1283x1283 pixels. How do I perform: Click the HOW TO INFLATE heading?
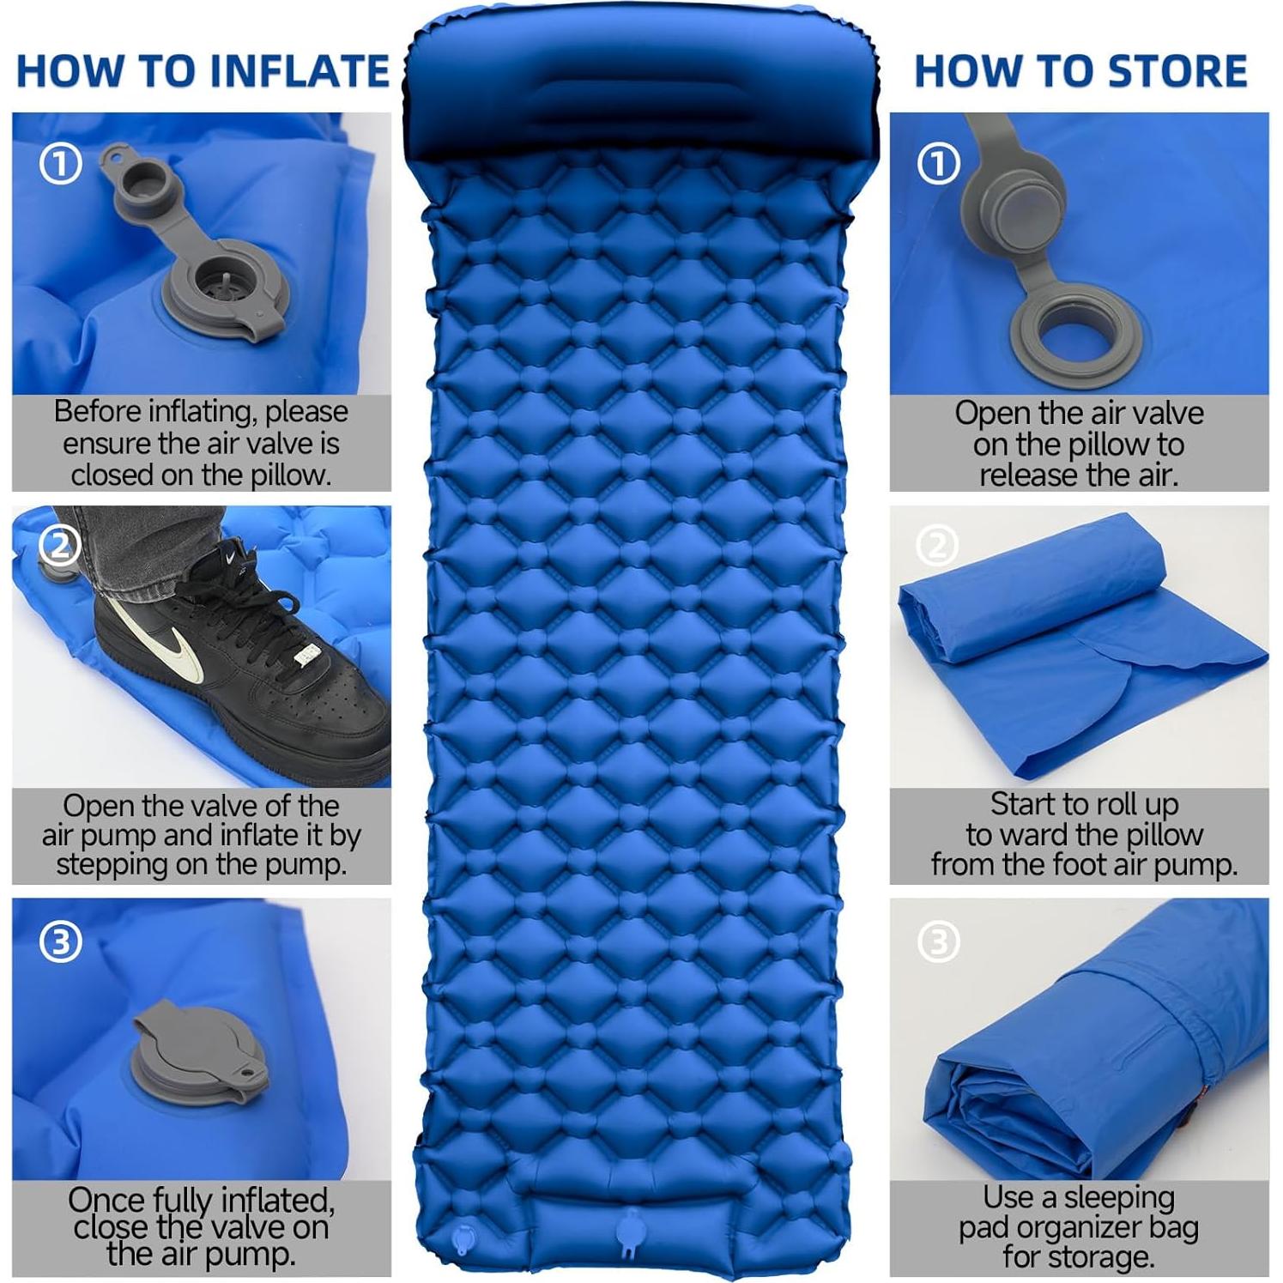coord(203,71)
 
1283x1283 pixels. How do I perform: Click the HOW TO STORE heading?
coord(1080,71)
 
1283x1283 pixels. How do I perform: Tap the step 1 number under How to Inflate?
coord(61,164)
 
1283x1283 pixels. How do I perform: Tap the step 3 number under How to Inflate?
coord(61,942)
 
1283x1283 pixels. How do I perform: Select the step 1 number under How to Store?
coord(939,164)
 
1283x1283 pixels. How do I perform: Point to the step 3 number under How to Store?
coord(939,942)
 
